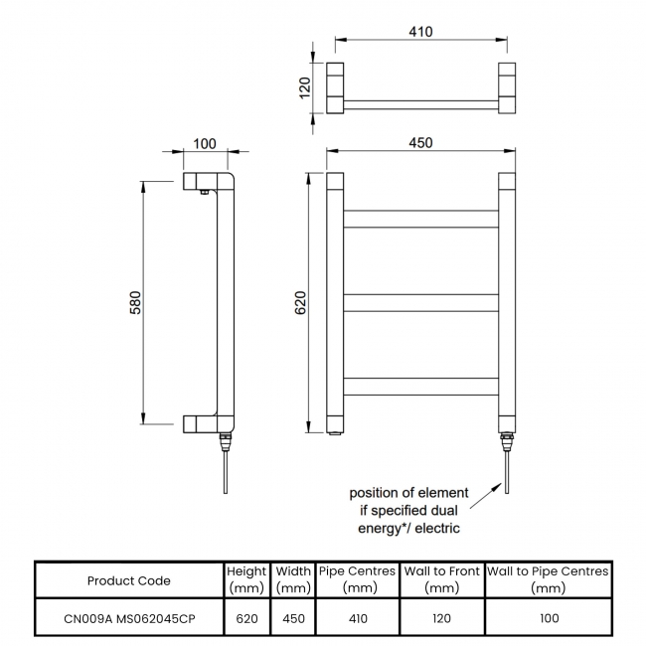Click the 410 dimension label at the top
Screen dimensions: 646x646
pyautogui.click(x=420, y=32)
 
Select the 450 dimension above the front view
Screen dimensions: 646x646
pyautogui.click(x=420, y=142)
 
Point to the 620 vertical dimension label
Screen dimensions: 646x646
pyautogui.click(x=301, y=303)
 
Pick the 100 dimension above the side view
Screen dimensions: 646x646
pyautogui.click(x=205, y=143)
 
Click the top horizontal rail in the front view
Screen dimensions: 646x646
pyautogui.click(x=420, y=219)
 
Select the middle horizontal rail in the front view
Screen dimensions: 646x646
pyautogui.click(x=420, y=302)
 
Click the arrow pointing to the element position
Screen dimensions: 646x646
pyautogui.click(x=484, y=496)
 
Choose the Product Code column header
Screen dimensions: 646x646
pyautogui.click(x=129, y=580)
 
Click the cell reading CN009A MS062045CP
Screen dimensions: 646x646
pyautogui.click(x=129, y=618)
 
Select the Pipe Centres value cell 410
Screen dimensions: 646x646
pyautogui.click(x=358, y=618)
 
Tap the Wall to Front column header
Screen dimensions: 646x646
pyautogui.click(x=441, y=580)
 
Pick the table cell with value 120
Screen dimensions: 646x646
pyautogui.click(x=441, y=618)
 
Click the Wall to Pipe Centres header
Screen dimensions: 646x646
pyautogui.click(x=548, y=580)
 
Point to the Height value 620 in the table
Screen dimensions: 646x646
pyautogui.click(x=246, y=618)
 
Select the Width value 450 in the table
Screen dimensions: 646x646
pyautogui.click(x=292, y=618)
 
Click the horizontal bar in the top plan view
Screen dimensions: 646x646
pyautogui.click(x=420, y=103)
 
